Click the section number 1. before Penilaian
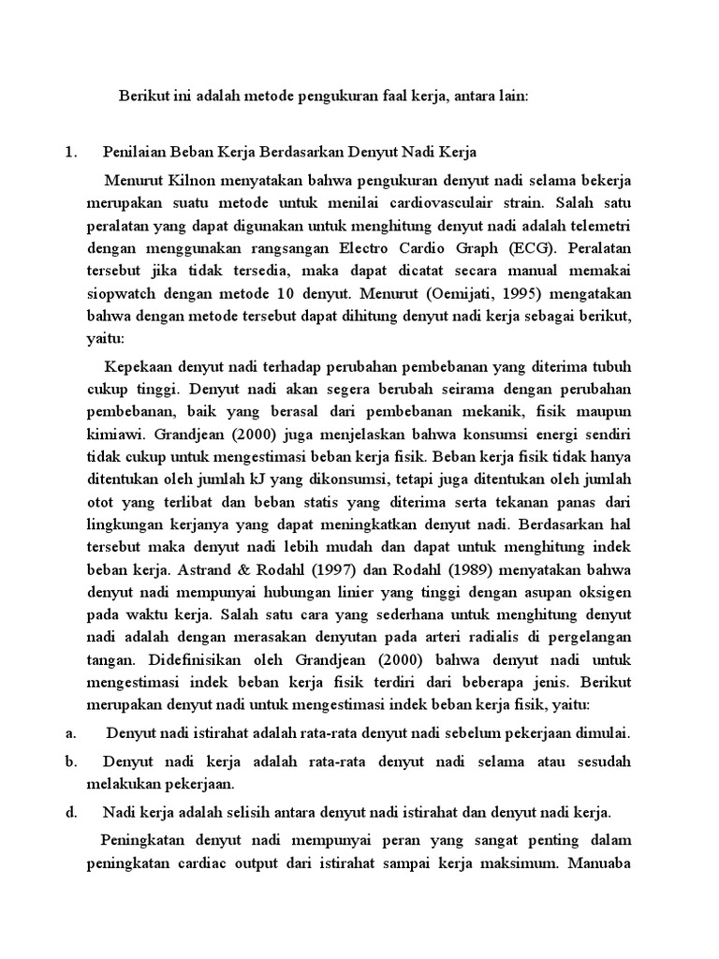click(71, 151)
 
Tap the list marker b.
click(70, 761)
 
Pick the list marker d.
click(70, 812)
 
